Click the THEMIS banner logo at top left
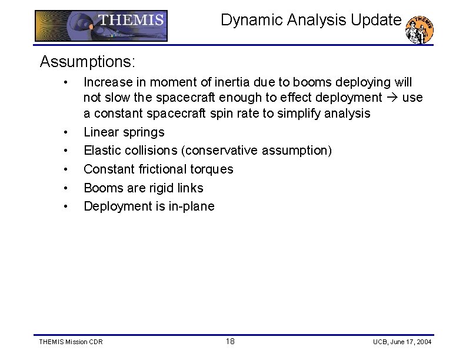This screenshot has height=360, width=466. [101, 26]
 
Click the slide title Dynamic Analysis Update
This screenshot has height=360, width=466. [311, 20]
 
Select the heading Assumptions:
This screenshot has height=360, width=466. [88, 61]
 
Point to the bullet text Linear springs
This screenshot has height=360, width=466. [124, 132]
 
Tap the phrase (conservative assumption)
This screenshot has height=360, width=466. [257, 151]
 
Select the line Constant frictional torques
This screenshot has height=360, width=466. [158, 169]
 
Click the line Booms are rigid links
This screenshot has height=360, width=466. [143, 188]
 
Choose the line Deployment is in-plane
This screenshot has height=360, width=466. [149, 206]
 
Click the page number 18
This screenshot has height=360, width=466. [231, 342]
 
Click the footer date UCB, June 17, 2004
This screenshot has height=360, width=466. [402, 342]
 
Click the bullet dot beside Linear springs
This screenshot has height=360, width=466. [69, 132]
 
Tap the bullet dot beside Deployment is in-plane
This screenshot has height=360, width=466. [69, 206]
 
